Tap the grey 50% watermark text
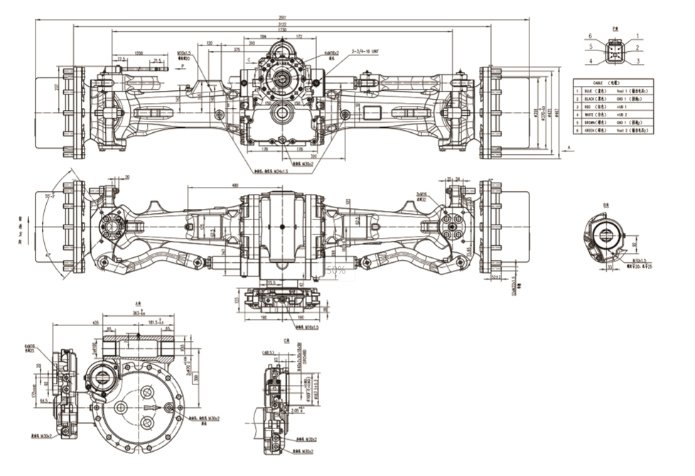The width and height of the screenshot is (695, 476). [337, 270]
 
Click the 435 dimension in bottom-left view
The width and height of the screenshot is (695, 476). [75, 323]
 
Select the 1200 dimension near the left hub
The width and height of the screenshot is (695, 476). [139, 53]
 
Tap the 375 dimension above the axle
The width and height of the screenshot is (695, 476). [237, 49]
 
